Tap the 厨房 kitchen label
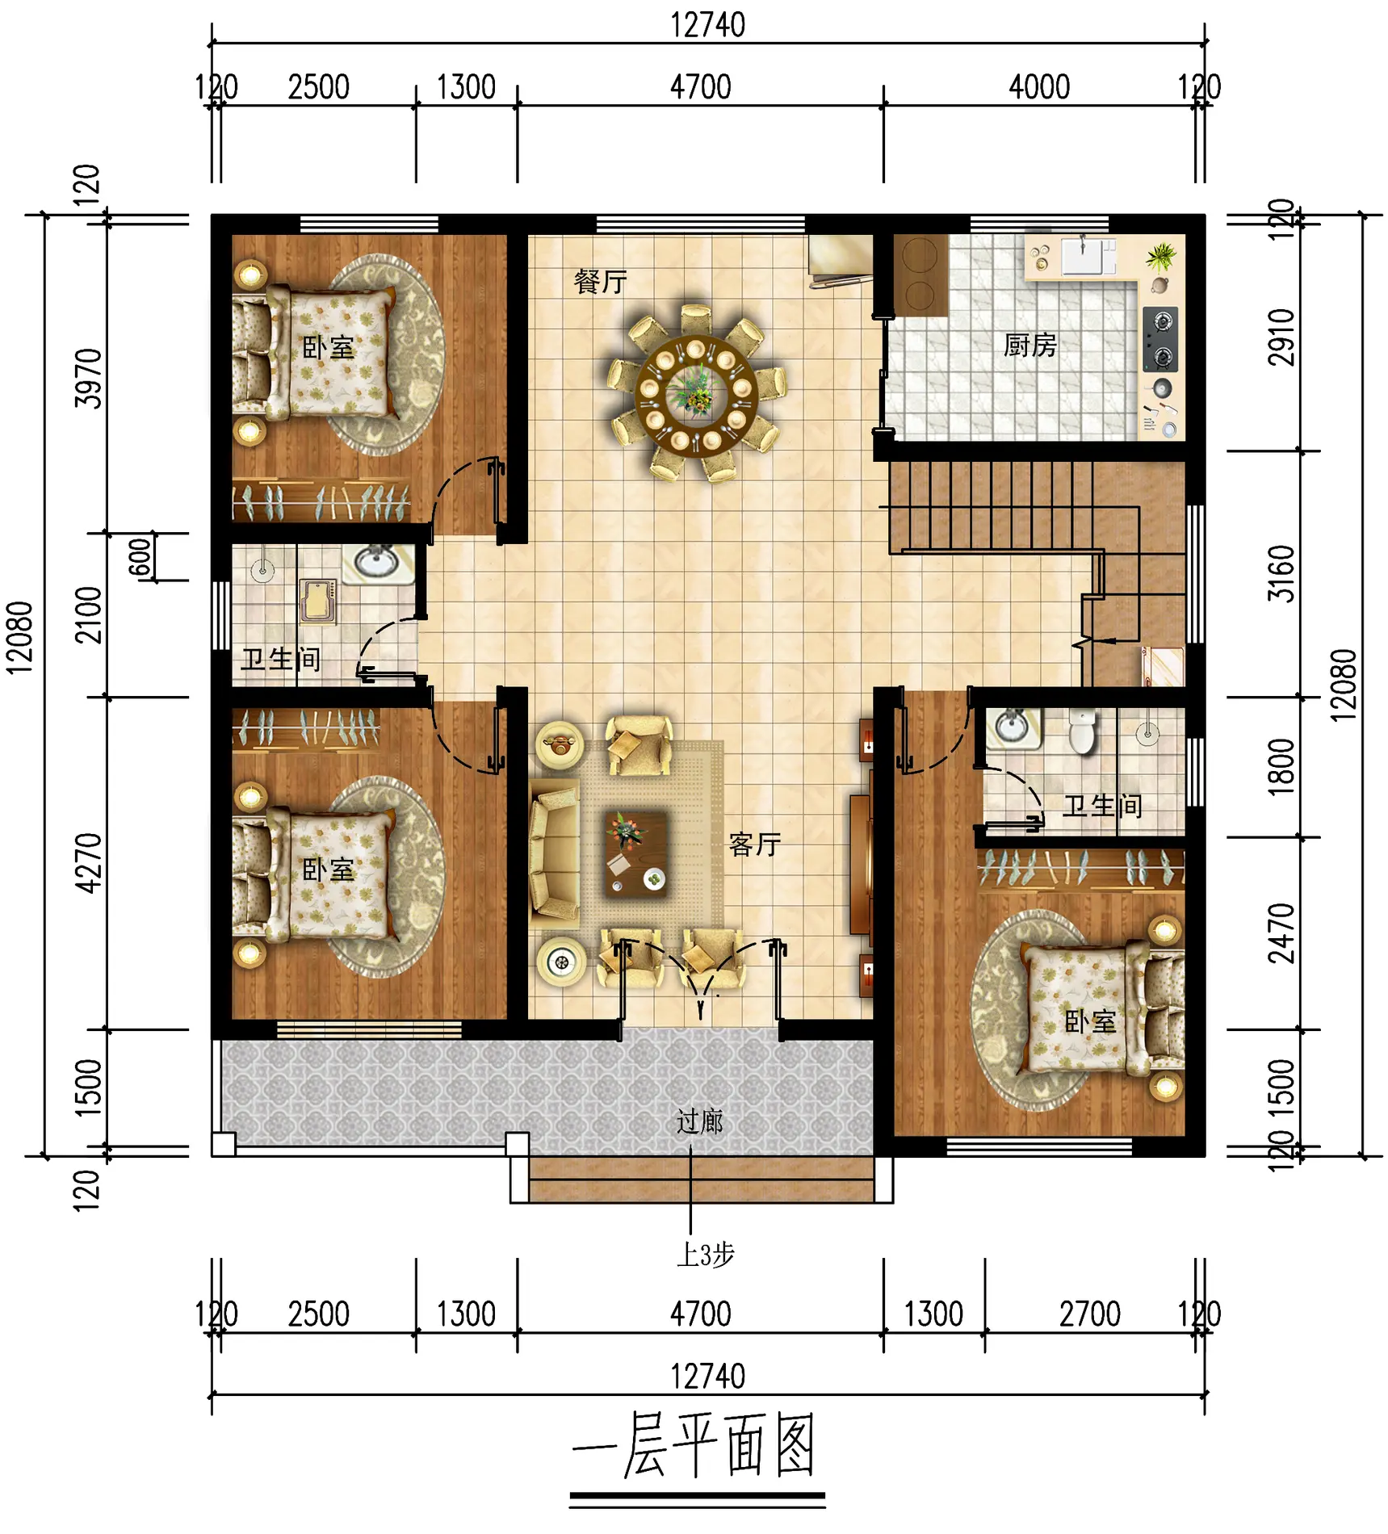point(1029,346)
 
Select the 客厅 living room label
point(755,845)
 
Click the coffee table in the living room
point(635,853)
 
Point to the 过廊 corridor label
point(699,1121)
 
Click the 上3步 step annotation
point(706,1255)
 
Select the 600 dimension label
point(140,557)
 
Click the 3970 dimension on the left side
point(89,379)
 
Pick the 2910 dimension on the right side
point(1281,337)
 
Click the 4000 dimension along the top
point(1039,87)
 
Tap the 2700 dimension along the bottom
point(1090,1314)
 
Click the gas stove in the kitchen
point(1161,339)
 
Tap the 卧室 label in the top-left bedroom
point(328,348)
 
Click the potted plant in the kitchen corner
point(1161,257)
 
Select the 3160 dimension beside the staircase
point(1281,574)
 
